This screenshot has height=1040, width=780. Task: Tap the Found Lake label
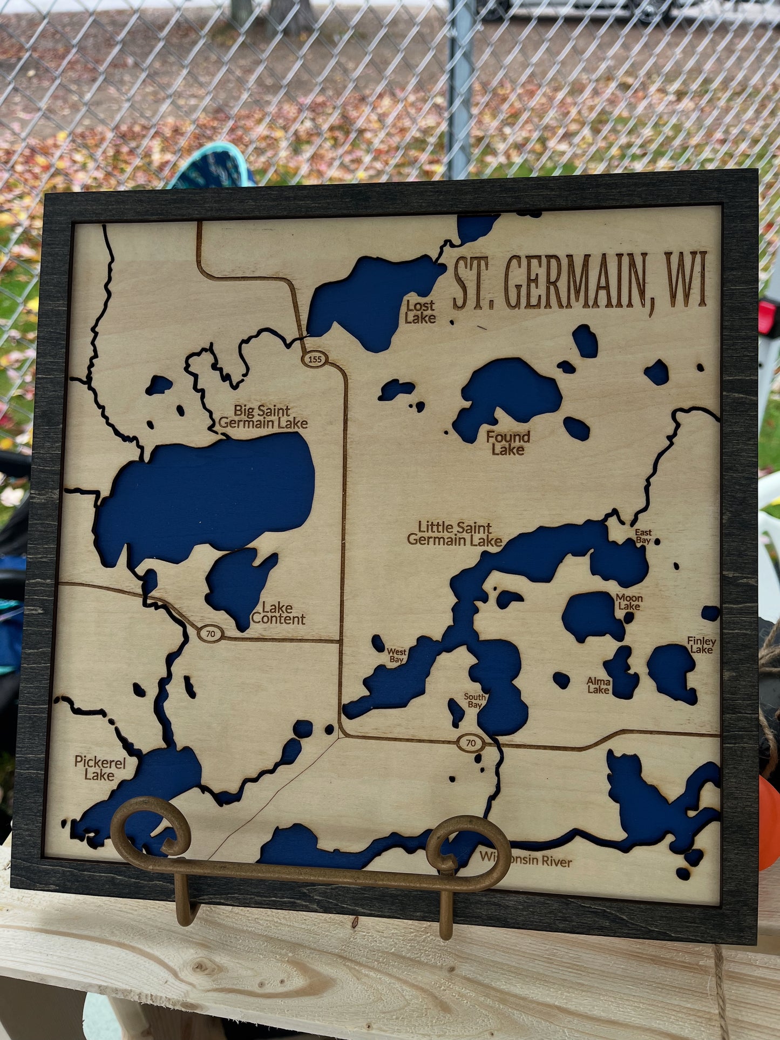click(507, 443)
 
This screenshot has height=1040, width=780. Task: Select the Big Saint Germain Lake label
click(263, 417)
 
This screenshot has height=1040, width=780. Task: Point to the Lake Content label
click(278, 614)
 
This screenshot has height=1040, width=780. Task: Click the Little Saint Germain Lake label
click(455, 534)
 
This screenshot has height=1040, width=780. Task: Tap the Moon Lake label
click(629, 602)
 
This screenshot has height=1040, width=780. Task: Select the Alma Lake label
click(599, 685)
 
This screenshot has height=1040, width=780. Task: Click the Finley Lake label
click(701, 645)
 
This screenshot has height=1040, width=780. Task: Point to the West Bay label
click(396, 656)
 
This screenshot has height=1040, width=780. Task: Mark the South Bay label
click(474, 701)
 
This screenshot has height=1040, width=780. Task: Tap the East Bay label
click(643, 536)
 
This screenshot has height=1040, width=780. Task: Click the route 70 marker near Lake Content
click(211, 634)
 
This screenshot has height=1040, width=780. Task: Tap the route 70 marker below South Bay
click(471, 743)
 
